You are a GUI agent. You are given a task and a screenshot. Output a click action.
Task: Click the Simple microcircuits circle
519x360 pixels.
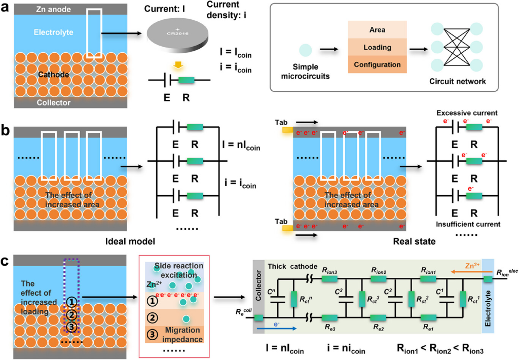point(306,50)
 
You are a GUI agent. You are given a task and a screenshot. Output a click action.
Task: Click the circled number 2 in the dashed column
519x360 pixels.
point(72,315)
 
